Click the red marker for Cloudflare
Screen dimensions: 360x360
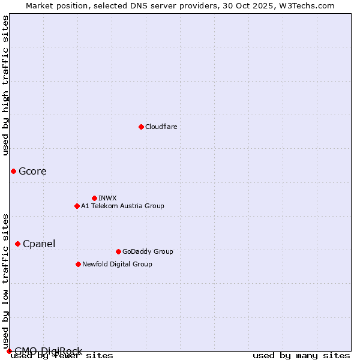(x=141, y=127)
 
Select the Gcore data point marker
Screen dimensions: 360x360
(x=13, y=171)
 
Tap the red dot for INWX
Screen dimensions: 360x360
(x=94, y=198)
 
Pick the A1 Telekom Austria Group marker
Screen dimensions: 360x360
(x=77, y=206)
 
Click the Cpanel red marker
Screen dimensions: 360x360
(x=17, y=244)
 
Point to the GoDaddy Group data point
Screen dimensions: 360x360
(x=118, y=251)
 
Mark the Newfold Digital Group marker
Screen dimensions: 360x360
(x=78, y=264)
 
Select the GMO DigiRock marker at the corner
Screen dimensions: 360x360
(x=9, y=351)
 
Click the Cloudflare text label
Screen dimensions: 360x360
(x=161, y=127)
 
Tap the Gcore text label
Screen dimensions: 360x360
(x=32, y=171)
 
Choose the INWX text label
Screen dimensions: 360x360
(x=107, y=198)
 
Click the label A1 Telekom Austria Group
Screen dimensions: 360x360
(x=122, y=206)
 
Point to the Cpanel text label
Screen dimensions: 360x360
(x=39, y=244)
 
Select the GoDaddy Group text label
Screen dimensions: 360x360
(x=148, y=251)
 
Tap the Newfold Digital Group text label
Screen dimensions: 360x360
(x=117, y=264)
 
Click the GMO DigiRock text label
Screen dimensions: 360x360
(x=48, y=351)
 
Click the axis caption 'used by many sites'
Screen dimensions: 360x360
(x=301, y=356)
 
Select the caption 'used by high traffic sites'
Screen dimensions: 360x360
(x=5, y=85)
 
